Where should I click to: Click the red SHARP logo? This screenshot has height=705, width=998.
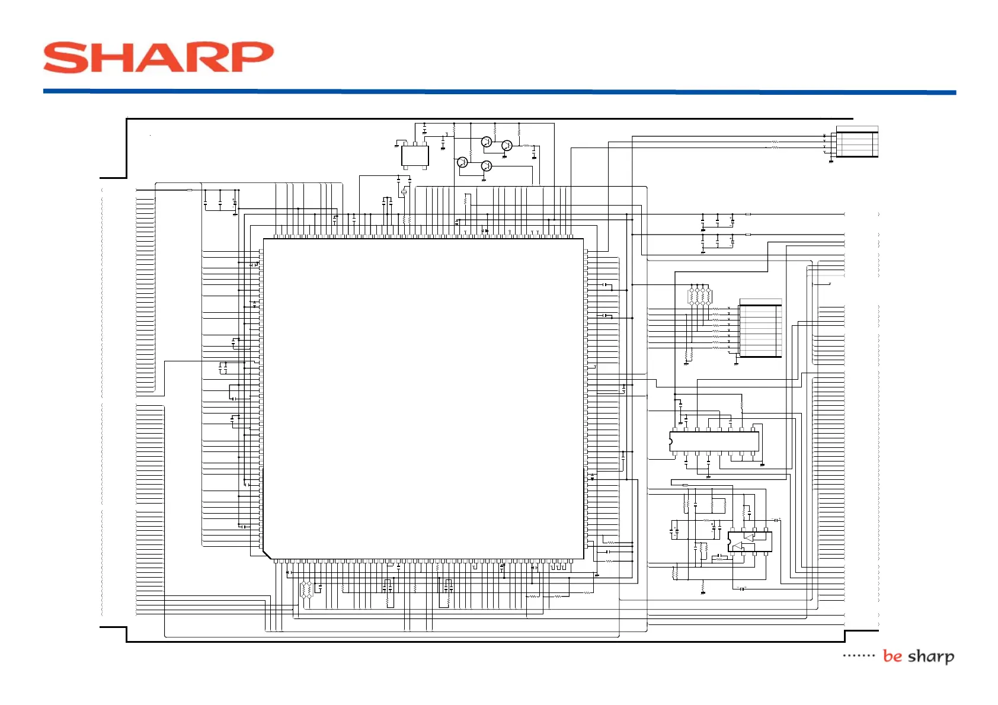point(158,57)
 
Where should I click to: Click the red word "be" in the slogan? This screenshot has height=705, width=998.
point(892,656)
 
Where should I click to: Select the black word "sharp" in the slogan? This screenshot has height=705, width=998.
point(931,656)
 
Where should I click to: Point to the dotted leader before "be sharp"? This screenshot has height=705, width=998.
point(859,656)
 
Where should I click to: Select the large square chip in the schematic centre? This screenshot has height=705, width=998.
point(423,398)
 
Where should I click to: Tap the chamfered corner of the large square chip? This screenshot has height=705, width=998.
point(267,555)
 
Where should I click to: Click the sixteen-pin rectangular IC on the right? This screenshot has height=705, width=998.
point(714,441)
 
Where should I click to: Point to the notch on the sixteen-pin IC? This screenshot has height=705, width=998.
point(671,441)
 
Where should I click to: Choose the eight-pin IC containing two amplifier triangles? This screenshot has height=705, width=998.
point(750,541)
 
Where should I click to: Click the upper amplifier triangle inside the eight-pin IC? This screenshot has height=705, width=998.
point(749,537)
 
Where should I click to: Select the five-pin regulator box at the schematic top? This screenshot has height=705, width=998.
point(415,156)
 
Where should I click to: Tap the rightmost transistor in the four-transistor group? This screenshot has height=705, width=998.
point(507,146)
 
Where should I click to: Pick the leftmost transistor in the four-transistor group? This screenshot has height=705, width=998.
point(463,162)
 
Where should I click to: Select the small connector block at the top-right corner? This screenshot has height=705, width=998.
point(856,142)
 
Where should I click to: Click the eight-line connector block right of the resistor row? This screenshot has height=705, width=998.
point(760,331)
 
